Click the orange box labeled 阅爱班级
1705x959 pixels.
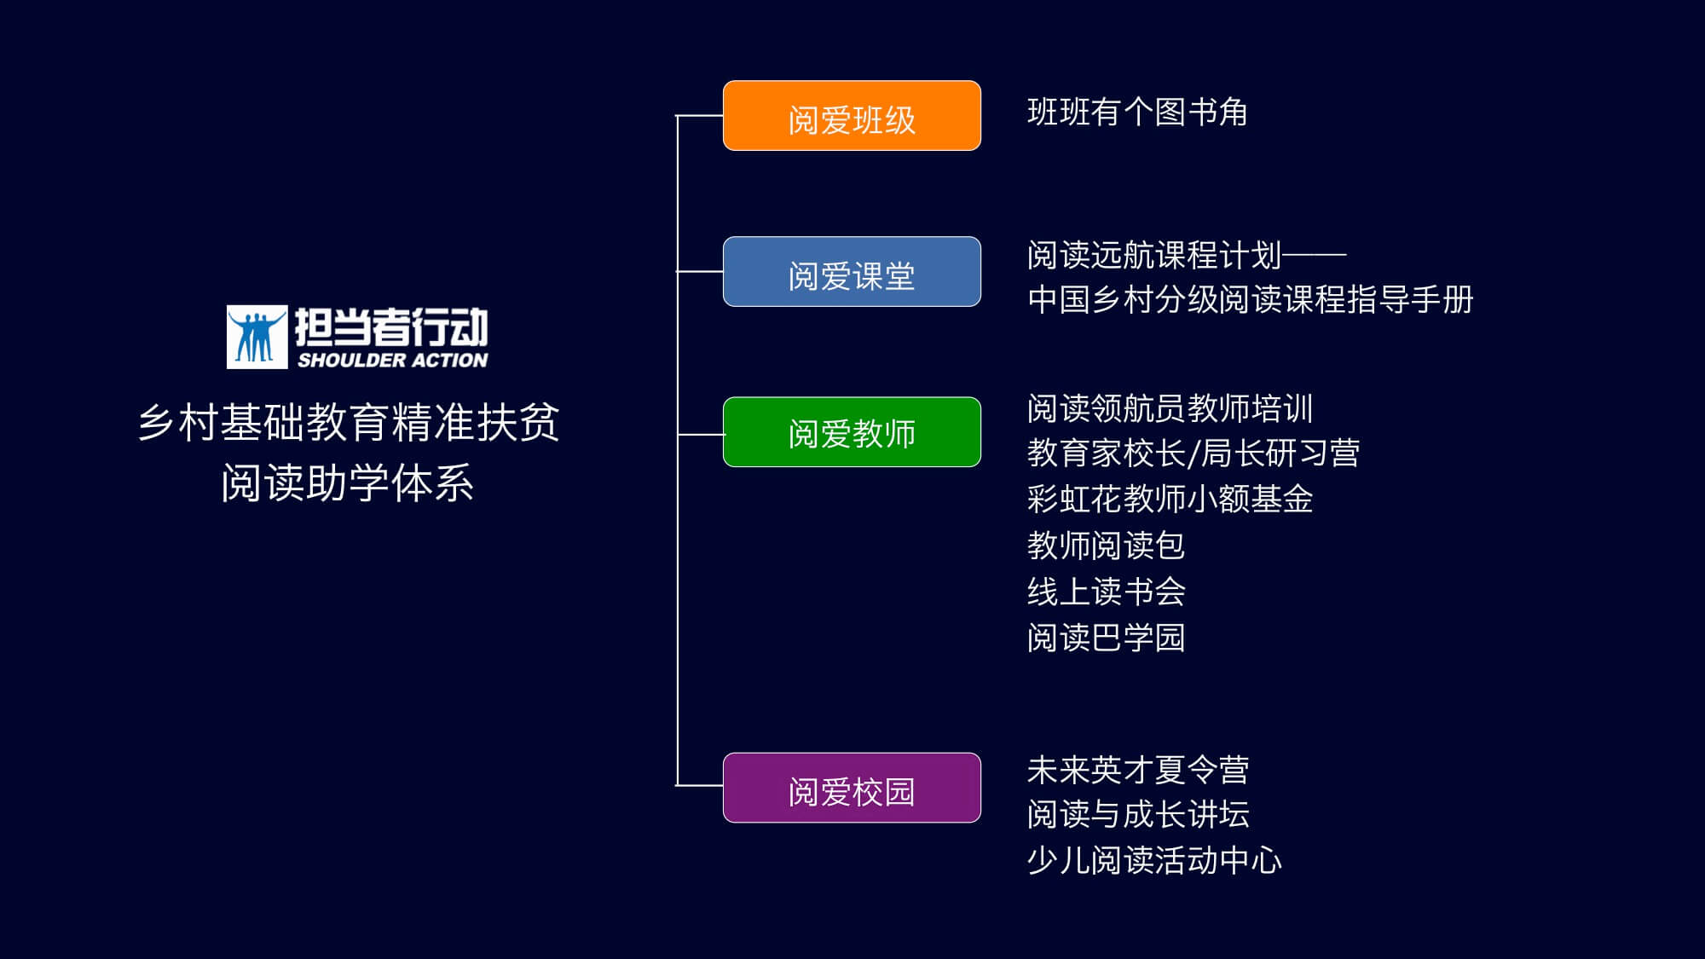(x=852, y=116)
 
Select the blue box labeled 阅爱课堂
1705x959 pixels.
(x=852, y=272)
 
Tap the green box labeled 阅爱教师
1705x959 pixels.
(x=852, y=432)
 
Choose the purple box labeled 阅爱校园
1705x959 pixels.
(x=852, y=788)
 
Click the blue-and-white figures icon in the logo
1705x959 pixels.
(x=257, y=338)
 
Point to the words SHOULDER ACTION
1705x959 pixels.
(x=392, y=361)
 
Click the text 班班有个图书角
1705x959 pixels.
(x=1137, y=113)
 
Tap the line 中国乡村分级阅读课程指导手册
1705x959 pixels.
(x=1250, y=300)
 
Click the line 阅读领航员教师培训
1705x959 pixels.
(x=1170, y=408)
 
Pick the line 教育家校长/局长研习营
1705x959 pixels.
(x=1193, y=454)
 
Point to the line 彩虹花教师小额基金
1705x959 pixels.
(x=1170, y=500)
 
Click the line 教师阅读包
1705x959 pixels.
(x=1106, y=546)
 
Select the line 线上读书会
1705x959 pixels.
(x=1106, y=592)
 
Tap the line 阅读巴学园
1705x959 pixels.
(x=1106, y=638)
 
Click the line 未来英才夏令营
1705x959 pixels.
(x=1137, y=771)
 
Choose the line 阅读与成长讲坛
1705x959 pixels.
(x=1137, y=815)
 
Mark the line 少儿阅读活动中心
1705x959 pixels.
(x=1154, y=861)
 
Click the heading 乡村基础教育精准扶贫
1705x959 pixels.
(x=348, y=422)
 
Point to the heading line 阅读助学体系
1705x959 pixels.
(x=348, y=483)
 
